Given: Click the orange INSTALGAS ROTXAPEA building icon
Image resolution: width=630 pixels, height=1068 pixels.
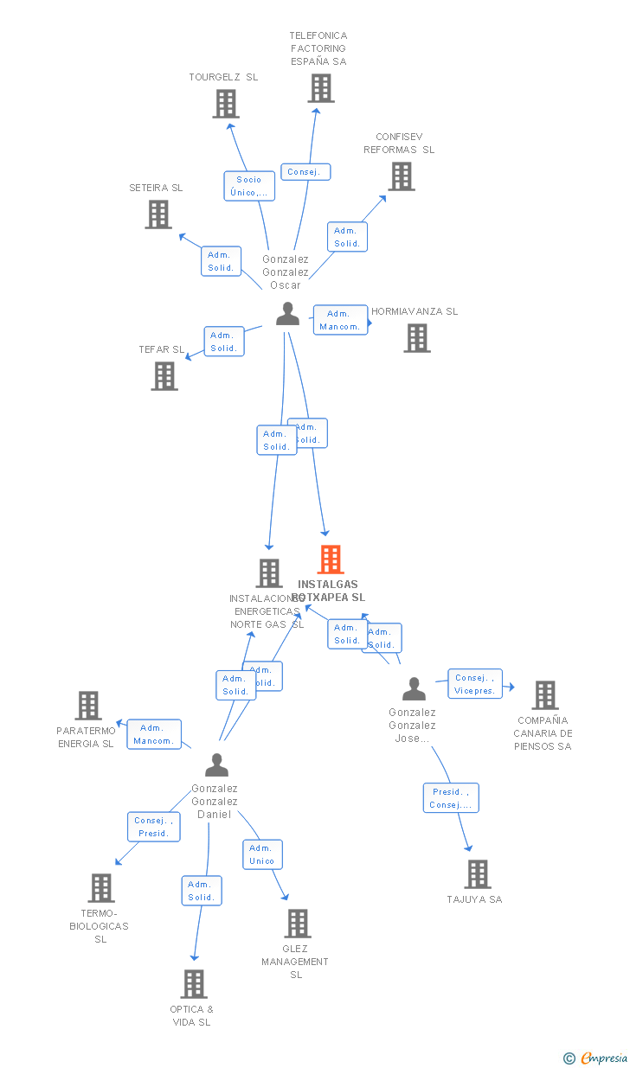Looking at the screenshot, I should (331, 560).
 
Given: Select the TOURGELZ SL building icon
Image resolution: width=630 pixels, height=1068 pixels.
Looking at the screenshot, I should (226, 104).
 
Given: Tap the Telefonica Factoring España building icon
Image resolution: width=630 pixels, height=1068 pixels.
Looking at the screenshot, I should (321, 88).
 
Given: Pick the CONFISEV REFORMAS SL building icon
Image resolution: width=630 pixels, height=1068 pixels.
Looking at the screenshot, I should (402, 176).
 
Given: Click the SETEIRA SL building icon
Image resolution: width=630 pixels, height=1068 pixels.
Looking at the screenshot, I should (158, 214).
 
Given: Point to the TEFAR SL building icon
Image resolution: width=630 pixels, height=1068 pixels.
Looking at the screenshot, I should (164, 376).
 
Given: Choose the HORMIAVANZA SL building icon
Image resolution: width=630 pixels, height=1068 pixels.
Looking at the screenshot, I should (417, 338).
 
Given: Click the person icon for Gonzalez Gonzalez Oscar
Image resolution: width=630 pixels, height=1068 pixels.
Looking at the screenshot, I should (287, 314).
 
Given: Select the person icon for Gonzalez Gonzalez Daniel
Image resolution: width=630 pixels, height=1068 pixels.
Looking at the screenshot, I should (216, 765).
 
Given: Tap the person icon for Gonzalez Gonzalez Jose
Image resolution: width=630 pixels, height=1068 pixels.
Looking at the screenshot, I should (414, 689).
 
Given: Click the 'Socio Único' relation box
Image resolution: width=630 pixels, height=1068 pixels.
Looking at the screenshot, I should (249, 186).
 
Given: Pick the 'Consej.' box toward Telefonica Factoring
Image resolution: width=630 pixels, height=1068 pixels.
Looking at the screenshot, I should (305, 172).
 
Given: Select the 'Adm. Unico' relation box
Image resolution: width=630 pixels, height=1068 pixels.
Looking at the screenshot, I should (262, 854).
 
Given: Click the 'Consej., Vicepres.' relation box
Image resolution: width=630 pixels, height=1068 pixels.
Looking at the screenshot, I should (475, 684).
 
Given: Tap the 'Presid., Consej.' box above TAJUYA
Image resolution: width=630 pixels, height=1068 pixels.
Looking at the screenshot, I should (451, 798).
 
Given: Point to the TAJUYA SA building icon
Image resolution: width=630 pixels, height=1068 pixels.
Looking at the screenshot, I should (478, 874).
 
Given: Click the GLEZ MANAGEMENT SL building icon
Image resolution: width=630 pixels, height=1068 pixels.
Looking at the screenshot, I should (298, 924).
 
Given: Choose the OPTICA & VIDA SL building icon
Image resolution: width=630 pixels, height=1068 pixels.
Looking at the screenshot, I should (194, 984).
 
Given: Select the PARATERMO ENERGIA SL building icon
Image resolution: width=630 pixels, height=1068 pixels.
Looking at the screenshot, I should (88, 706).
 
